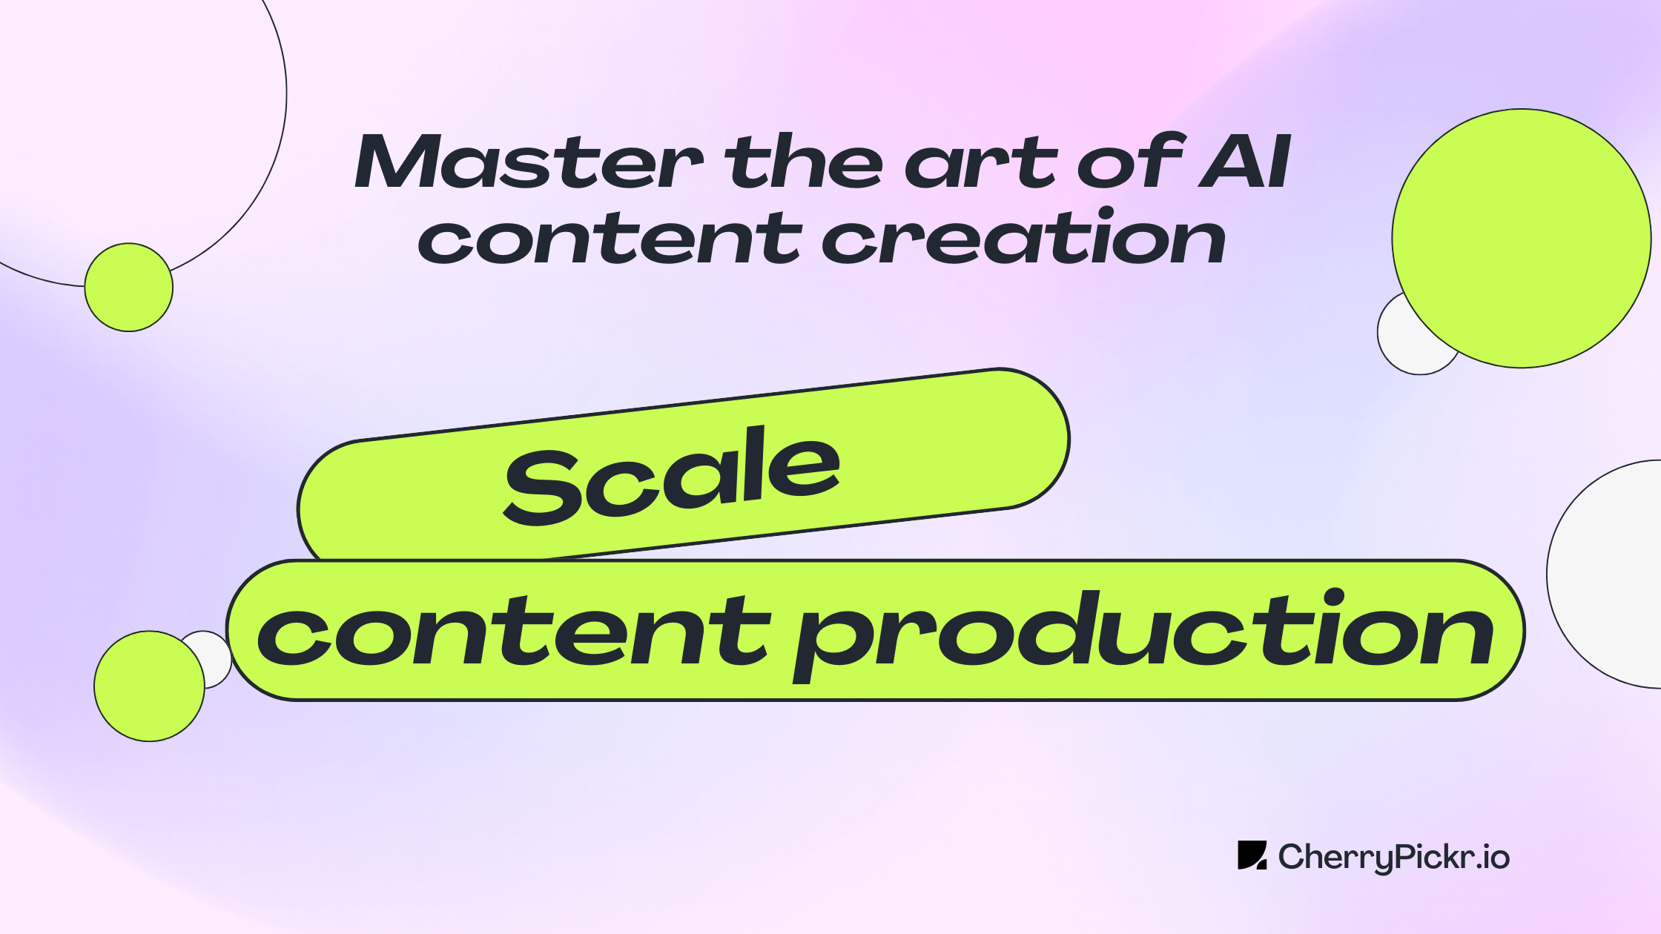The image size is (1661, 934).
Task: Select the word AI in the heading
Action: coord(1246,162)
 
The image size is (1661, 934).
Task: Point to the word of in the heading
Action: coord(1131,162)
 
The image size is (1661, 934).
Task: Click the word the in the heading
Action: coord(804,162)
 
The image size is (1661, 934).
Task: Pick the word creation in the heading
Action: coord(1023,239)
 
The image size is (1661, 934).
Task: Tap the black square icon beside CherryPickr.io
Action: coord(1252,855)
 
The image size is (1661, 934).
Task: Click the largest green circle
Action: coord(1522,238)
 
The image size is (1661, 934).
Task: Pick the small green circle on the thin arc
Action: coord(128,287)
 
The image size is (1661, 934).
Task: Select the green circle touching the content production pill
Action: coord(149,686)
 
